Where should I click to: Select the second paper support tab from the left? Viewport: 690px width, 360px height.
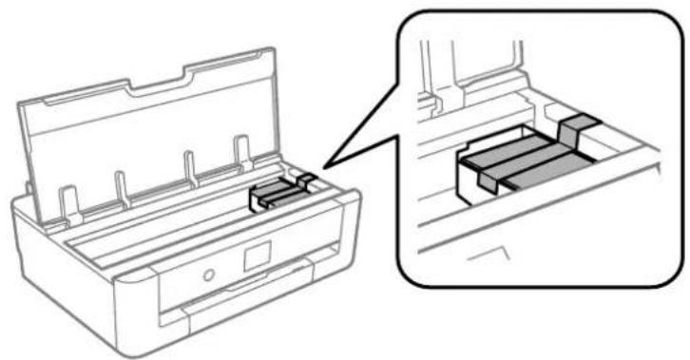121,184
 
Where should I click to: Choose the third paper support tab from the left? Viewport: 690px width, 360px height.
190,164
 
